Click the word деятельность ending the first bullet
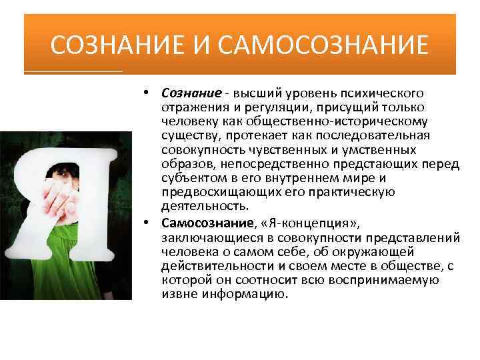(198, 206)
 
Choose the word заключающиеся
(204, 237)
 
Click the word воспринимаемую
(395, 280)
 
